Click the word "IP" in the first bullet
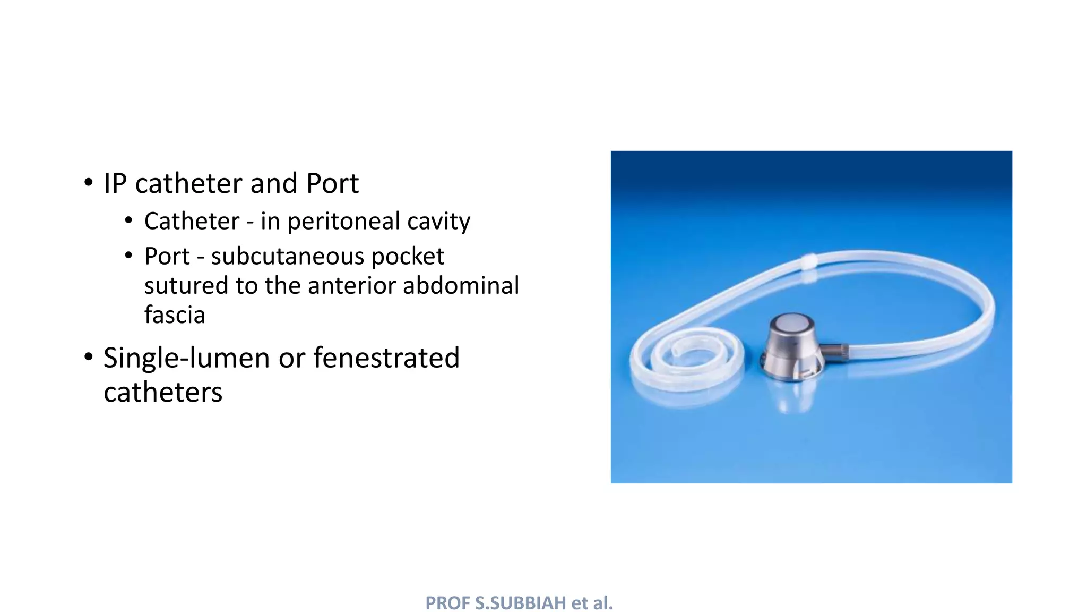[x=115, y=184]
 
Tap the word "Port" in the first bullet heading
[x=332, y=184]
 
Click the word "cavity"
[x=438, y=222]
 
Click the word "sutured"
[x=186, y=286]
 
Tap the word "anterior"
[x=351, y=286]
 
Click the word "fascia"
[x=175, y=315]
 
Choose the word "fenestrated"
[x=386, y=358]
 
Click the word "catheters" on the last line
[x=163, y=393]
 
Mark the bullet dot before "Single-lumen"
[x=88, y=357]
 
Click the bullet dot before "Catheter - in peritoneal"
[x=128, y=220]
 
